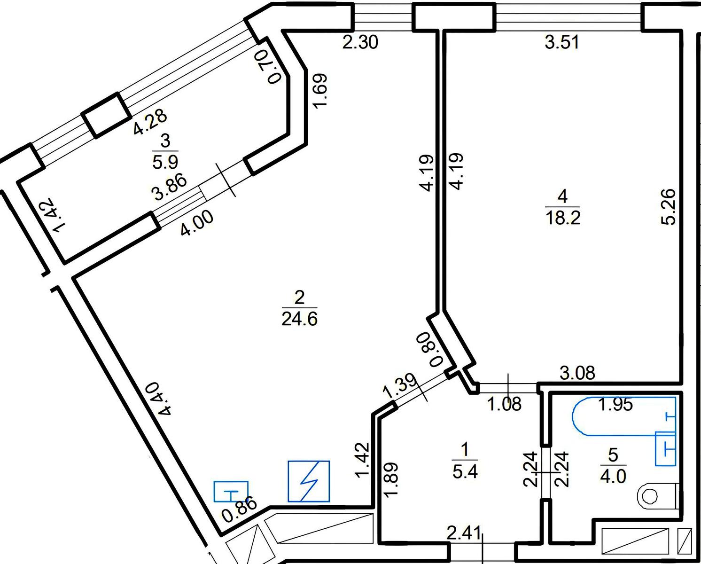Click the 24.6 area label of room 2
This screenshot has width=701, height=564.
299,320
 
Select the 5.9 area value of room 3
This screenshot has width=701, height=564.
165,162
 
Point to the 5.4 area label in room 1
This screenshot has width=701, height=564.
465,471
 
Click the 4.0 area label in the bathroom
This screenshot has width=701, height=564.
613,477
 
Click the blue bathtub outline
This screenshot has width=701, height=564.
620,416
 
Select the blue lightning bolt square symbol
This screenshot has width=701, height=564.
309,481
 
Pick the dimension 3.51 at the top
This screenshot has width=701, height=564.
562,43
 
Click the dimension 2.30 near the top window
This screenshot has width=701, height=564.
360,43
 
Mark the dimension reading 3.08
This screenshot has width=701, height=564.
577,374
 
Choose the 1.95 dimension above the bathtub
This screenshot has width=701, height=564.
616,404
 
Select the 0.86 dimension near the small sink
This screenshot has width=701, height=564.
240,510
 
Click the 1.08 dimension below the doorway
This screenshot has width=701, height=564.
505,404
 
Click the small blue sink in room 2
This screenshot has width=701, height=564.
231,492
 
